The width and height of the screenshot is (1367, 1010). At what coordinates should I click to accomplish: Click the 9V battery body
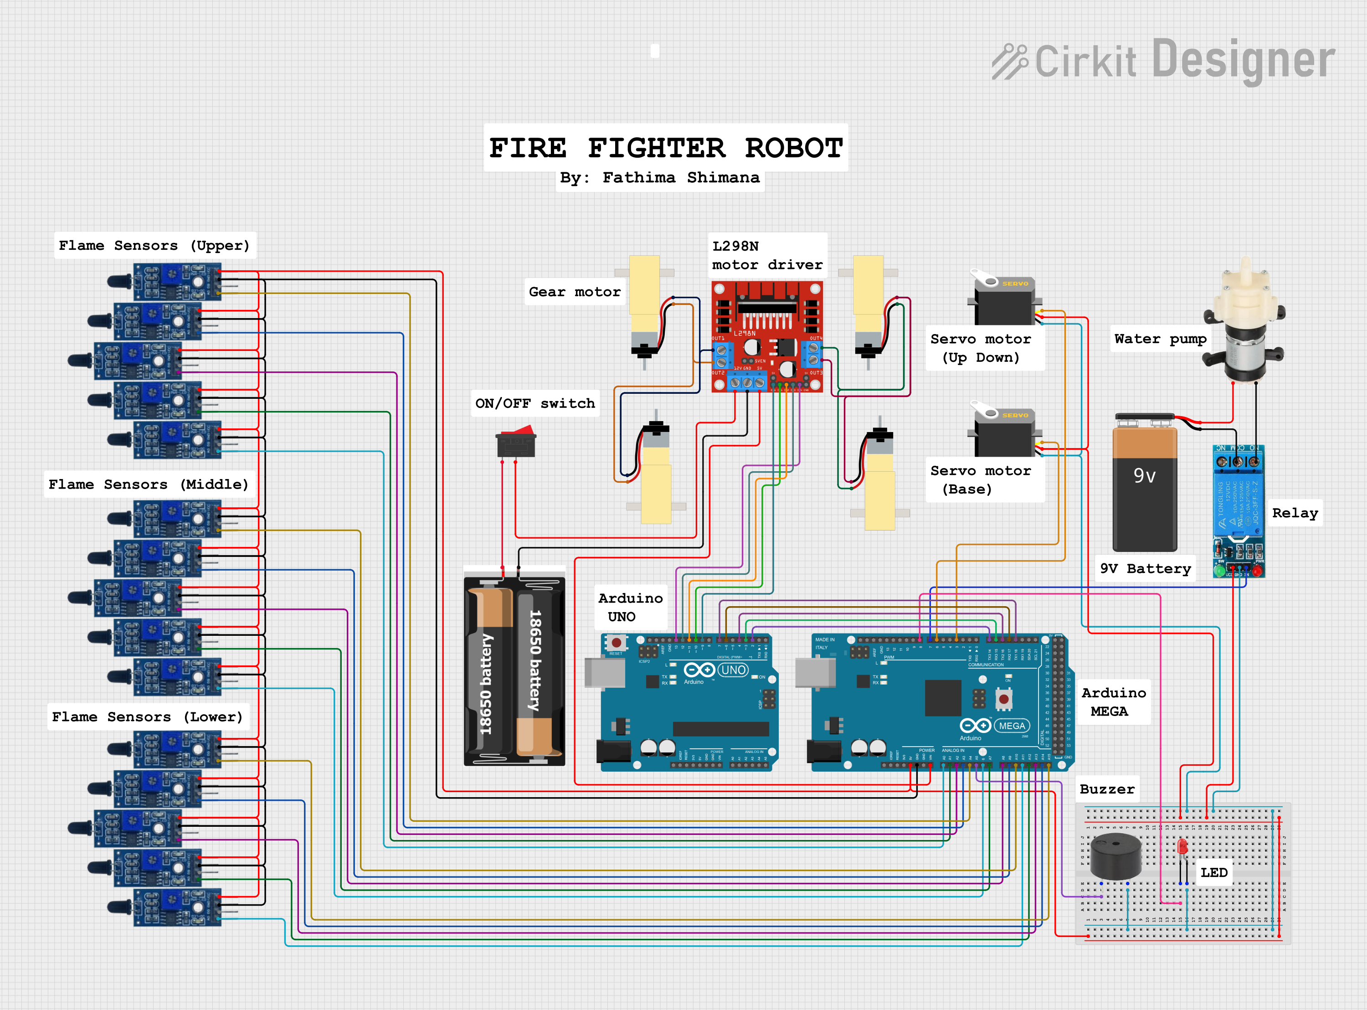click(1145, 501)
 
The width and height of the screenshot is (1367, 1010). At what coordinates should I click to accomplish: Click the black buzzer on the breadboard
click(1116, 856)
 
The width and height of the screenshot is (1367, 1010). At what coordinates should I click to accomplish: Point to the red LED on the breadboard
click(1182, 847)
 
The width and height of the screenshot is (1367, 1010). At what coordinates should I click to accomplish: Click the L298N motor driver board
click(767, 336)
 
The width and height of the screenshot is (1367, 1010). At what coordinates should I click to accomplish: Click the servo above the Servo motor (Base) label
click(1004, 431)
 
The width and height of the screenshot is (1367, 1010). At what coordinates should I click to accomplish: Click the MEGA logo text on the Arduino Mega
click(1012, 726)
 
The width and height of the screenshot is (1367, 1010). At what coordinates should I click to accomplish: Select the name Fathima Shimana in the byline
click(681, 178)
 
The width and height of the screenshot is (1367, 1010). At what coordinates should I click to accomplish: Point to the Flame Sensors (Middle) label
click(149, 484)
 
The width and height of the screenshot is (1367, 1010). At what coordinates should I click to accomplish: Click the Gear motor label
click(575, 292)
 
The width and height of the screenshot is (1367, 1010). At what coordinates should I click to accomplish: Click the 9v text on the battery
click(1144, 476)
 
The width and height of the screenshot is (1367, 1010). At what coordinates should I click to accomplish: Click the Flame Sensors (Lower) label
click(147, 716)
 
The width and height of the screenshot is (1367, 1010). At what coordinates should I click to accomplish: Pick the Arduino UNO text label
click(630, 607)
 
